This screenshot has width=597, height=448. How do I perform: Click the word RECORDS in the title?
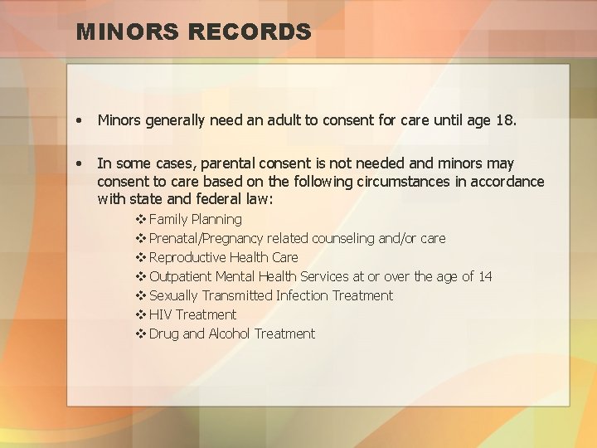tap(250, 32)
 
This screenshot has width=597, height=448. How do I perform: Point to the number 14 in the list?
tap(484, 276)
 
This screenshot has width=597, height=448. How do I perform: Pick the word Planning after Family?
tap(216, 219)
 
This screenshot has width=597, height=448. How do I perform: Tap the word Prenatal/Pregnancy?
tap(206, 238)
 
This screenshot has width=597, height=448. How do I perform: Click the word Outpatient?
tap(180, 276)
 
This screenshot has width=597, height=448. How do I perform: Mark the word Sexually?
tap(176, 295)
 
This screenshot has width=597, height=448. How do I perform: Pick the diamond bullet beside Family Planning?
tap(140, 219)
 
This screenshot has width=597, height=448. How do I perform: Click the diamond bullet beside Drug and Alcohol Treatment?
tap(140, 334)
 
